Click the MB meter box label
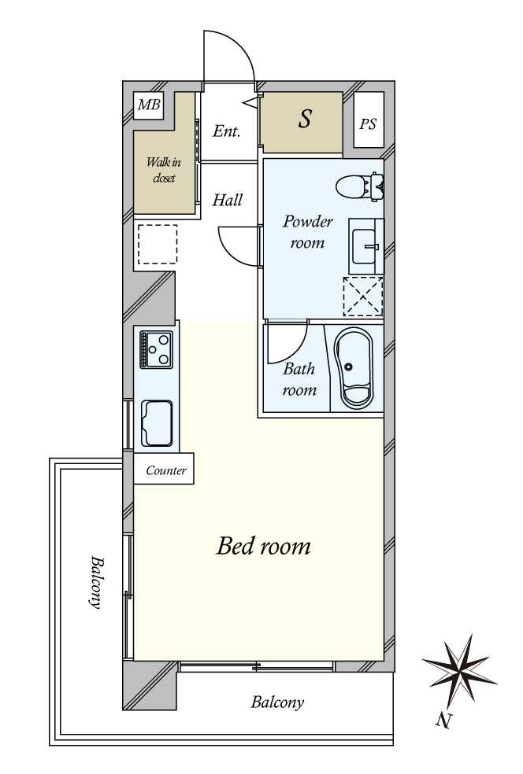[x=149, y=105]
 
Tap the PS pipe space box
[x=369, y=120]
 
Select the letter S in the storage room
[x=305, y=119]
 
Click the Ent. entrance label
[x=226, y=131]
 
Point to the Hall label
[x=228, y=200]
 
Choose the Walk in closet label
[x=164, y=170]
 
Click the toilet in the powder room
[x=360, y=187]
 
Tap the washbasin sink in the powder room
[x=365, y=246]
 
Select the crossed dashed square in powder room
[x=363, y=297]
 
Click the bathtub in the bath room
[x=354, y=368]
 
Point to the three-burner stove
[x=156, y=349]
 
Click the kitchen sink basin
[x=157, y=422]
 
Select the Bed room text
[x=264, y=546]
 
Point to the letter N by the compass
[x=443, y=721]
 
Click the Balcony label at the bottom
[x=277, y=702]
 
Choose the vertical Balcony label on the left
[x=96, y=582]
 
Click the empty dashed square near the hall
[x=158, y=245]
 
